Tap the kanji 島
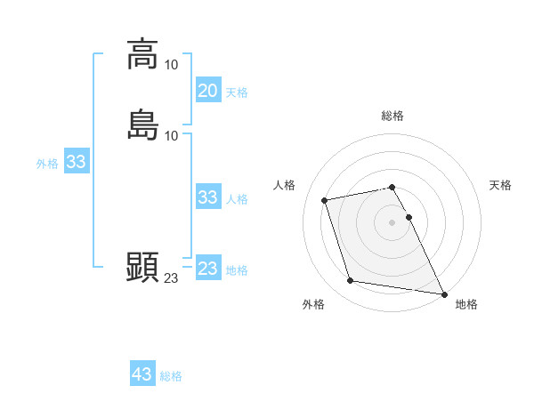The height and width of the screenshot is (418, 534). pos(142,125)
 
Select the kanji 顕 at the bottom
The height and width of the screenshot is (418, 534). pos(142,266)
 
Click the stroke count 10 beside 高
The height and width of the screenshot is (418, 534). pos(172,65)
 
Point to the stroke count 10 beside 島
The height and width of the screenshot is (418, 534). pos(172,136)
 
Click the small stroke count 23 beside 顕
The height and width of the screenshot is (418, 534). pos(171,278)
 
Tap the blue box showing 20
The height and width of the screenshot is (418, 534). pos(207,91)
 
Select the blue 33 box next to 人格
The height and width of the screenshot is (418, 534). pos(207,197)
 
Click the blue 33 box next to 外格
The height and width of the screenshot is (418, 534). pos(76,162)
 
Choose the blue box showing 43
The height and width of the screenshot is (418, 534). pos(142,374)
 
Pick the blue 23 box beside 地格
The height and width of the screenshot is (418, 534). pos(207,269)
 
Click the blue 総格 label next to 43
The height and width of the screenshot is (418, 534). pos(171,376)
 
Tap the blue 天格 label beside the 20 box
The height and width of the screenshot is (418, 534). pos(237,92)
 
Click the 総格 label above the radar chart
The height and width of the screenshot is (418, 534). pos(392,116)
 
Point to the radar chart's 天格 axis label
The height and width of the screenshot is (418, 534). pos(501,185)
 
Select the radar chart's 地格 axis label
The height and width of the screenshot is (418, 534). pos(466,304)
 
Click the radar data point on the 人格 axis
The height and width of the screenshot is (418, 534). pos(325,199)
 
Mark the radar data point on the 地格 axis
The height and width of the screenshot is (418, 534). pos(444,293)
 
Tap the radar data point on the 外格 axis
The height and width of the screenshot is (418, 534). pos(351,281)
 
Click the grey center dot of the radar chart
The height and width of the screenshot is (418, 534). pos(392,221)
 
